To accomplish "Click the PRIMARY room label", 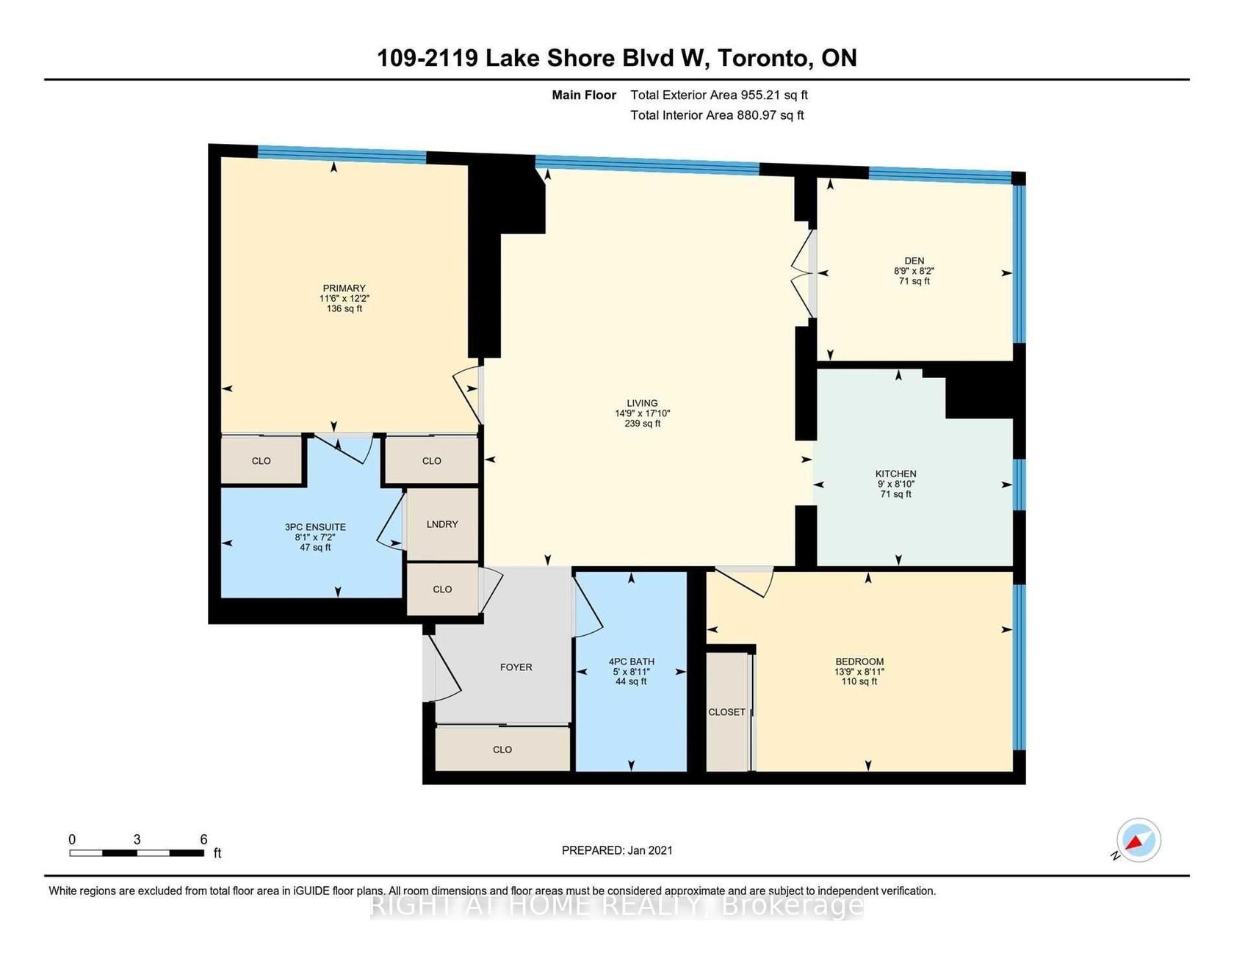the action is tap(344, 289).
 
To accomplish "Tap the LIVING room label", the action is tap(642, 403).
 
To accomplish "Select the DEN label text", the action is tap(914, 261).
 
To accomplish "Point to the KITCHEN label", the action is tap(895, 474).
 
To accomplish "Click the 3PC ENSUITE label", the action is tap(315, 527).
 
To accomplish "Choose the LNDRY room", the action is tap(442, 524).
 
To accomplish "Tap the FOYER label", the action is tap(516, 667).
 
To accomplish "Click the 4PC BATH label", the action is tap(632, 662).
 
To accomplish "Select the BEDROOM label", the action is tap(859, 662).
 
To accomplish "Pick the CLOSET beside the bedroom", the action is tap(726, 712).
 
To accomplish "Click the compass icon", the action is tap(1139, 839).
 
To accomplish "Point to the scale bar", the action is tap(137, 853).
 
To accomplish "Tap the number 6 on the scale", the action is tap(203, 839).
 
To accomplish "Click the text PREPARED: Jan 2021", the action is tap(617, 850).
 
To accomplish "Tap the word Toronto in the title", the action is tap(765, 58).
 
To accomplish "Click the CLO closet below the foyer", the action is tap(502, 750).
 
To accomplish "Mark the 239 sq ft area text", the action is tap(642, 424).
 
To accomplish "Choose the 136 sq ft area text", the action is tap(344, 309).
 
